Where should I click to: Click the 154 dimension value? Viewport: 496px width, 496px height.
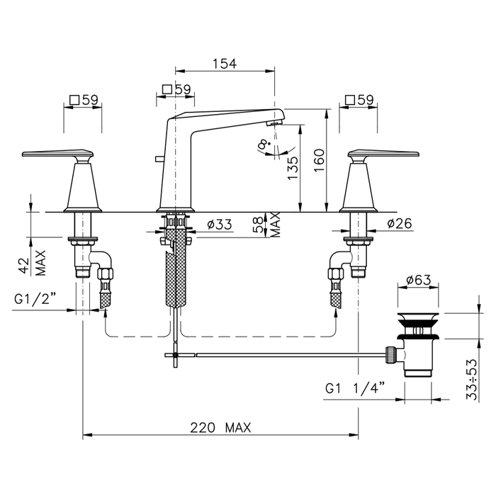[x=225, y=64]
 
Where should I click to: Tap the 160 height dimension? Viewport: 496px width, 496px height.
[x=320, y=160]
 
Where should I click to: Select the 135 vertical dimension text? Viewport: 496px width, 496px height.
[x=293, y=168]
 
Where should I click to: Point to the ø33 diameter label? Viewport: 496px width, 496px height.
[x=220, y=225]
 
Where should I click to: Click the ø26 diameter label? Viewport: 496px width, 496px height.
[x=400, y=224]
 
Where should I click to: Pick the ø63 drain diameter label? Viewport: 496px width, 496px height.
[x=419, y=280]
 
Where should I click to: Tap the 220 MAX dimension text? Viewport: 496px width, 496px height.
[x=220, y=428]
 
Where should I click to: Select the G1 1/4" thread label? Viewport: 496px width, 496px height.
[x=355, y=388]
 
